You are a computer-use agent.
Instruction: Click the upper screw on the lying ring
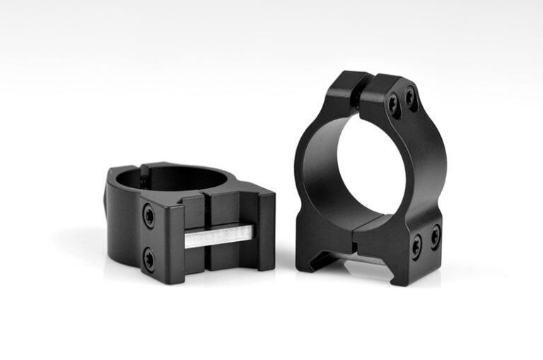[149, 216]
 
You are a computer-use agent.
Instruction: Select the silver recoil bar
[218, 236]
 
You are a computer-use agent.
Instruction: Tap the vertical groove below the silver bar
[209, 262]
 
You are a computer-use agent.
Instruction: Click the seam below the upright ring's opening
[353, 240]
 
